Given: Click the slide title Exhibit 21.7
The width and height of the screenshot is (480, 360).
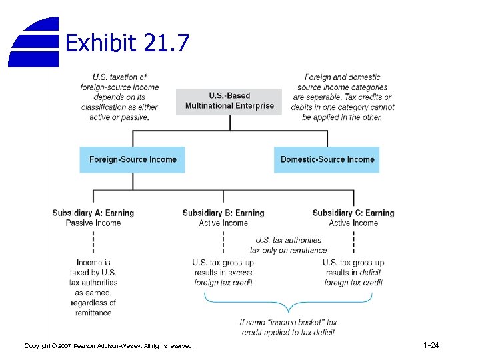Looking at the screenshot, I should [x=127, y=44].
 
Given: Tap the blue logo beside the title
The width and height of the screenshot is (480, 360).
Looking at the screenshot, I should [x=33, y=42].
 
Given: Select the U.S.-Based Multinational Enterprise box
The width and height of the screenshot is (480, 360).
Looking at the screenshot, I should [x=229, y=101].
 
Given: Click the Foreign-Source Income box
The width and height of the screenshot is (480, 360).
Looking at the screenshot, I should [x=133, y=160].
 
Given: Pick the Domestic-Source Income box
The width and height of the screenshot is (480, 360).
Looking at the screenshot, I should [x=327, y=160].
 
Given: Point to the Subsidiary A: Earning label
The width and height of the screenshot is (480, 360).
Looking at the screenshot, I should [x=93, y=213].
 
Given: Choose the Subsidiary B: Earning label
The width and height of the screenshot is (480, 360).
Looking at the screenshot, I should [x=223, y=213].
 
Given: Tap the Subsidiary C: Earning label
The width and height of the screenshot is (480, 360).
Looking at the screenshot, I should [x=353, y=213].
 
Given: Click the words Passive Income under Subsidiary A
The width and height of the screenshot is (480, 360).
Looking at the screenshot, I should [x=93, y=223].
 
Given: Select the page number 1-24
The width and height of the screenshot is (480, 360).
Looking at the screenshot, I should [x=431, y=345].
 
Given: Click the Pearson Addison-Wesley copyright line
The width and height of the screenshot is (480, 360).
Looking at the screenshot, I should [x=109, y=346].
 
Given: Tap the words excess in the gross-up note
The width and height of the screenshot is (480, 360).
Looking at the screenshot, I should [x=240, y=273].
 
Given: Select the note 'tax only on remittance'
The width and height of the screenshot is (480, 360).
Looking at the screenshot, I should [x=289, y=250].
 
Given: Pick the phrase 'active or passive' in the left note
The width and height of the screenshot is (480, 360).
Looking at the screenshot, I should [x=119, y=117].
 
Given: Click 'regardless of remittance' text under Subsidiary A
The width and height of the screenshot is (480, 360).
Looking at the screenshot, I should [x=93, y=307].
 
